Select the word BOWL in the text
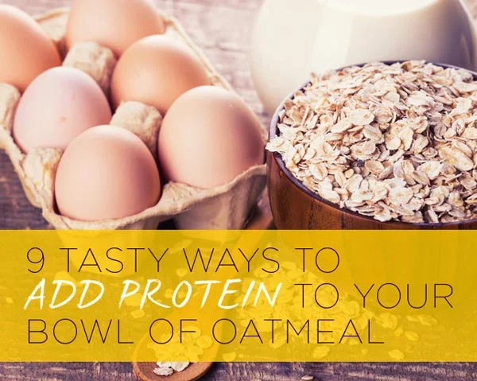(x=72, y=330)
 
